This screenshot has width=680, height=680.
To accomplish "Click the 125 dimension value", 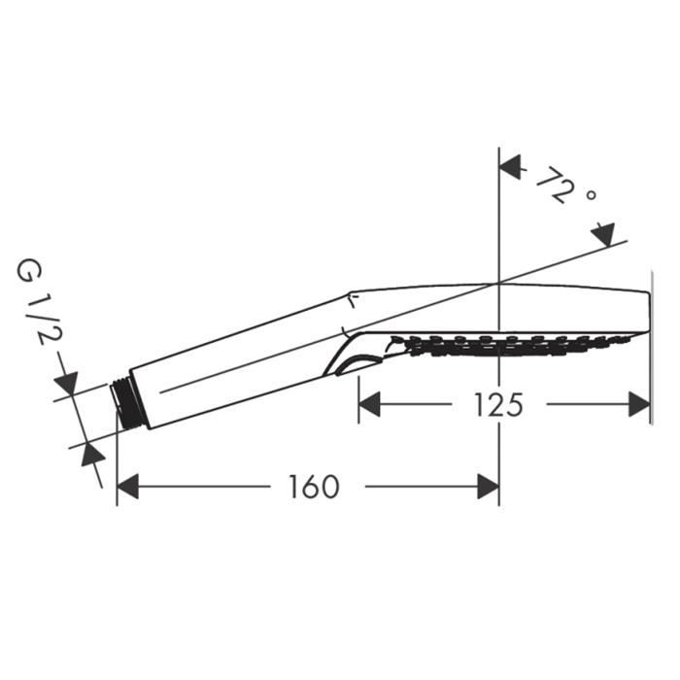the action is pyautogui.click(x=498, y=405).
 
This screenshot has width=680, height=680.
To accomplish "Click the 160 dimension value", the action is pyautogui.click(x=315, y=487).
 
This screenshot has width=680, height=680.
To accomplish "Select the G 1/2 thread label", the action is pyautogui.click(x=40, y=303).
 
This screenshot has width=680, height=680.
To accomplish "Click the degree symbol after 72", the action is pyautogui.click(x=591, y=194).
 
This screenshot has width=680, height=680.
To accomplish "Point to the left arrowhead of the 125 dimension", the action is pyautogui.click(x=369, y=404).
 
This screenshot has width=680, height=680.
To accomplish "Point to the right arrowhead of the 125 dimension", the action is pyautogui.click(x=639, y=404).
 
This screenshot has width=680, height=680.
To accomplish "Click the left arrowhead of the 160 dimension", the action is pyautogui.click(x=128, y=487).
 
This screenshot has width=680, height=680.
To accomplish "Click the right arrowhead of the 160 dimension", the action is pyautogui.click(x=488, y=487).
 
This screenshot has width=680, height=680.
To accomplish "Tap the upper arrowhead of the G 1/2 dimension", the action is pyautogui.click(x=66, y=384).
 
